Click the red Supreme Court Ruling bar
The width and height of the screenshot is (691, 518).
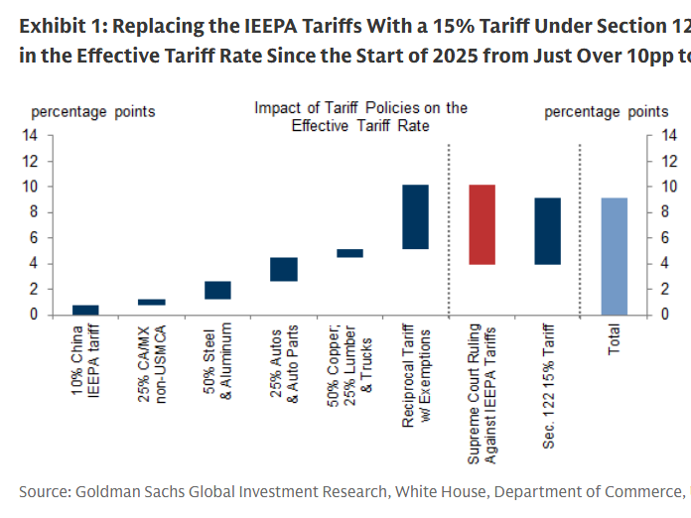point(482,224)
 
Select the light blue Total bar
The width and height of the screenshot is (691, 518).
point(615,256)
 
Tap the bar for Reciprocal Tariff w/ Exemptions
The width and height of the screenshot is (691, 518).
point(415,216)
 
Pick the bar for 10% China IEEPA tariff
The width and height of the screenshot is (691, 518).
point(85,310)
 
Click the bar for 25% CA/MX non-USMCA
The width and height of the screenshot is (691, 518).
point(152,302)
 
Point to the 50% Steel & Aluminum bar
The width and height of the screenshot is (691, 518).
point(217,290)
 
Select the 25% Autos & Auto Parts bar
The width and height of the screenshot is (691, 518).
point(284,269)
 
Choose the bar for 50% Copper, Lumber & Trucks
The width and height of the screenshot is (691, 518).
point(349,253)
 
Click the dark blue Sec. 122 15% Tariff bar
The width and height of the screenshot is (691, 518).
point(548,231)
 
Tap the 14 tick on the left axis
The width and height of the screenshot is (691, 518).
point(33,135)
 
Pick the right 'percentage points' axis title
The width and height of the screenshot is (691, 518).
point(606,111)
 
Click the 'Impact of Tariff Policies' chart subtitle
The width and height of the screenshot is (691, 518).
point(360,116)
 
